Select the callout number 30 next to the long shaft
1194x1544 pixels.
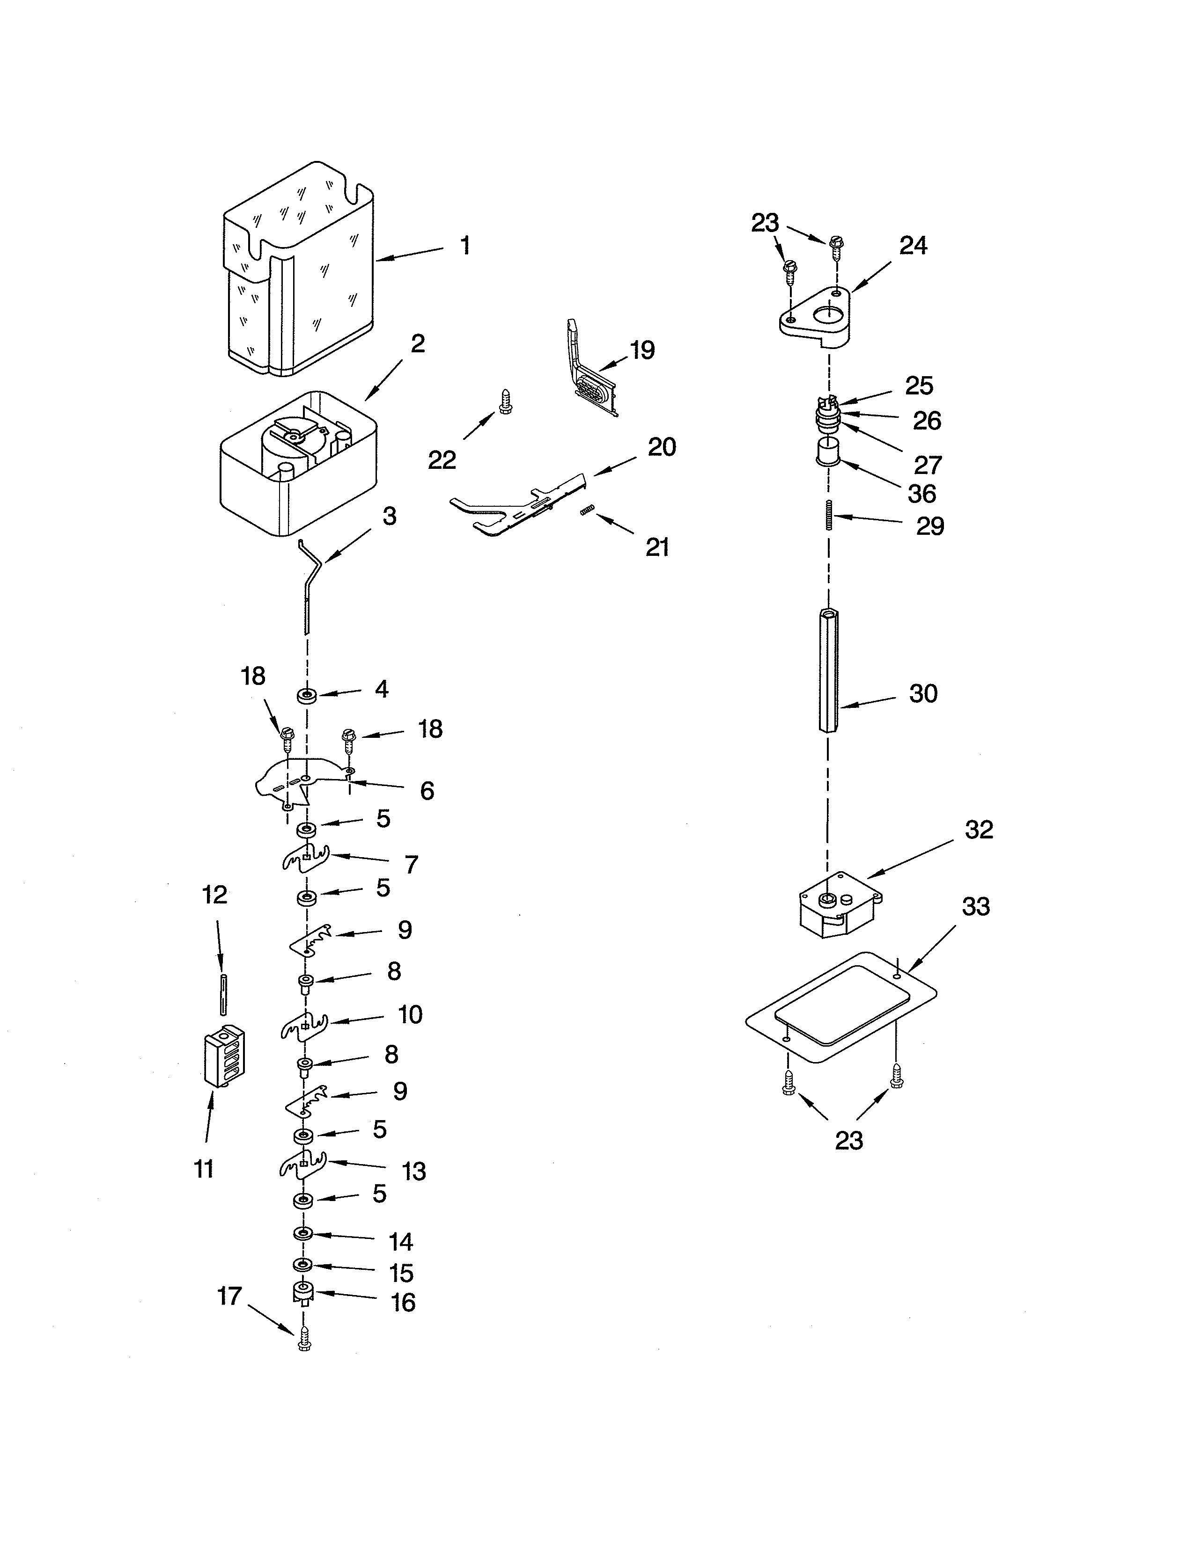tap(923, 693)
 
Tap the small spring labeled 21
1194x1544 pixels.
tap(585, 510)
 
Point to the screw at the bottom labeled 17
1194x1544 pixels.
tap(304, 1338)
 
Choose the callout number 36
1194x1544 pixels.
tap(921, 494)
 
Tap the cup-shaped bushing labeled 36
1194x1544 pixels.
tap(827, 451)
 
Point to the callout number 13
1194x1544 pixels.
tap(414, 1172)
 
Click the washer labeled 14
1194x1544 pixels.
tap(303, 1234)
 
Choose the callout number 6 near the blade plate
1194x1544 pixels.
tap(427, 790)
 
